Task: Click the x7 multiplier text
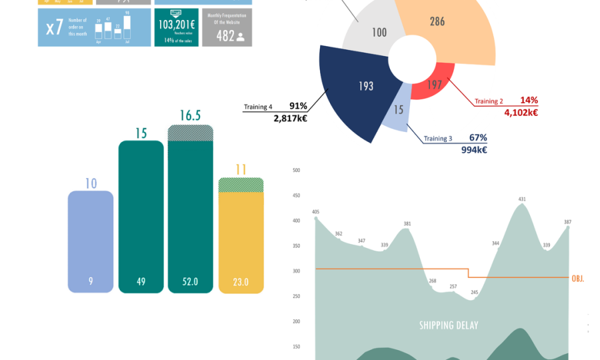55,28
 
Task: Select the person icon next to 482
241,37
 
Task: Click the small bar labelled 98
127,25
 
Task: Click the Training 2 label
489,101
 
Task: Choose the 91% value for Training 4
298,105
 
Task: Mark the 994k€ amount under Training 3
474,150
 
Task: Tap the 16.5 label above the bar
190,115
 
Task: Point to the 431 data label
522,199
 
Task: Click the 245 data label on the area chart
474,292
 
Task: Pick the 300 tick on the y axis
296,271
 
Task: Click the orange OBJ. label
577,278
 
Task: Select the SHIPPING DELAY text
448,325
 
